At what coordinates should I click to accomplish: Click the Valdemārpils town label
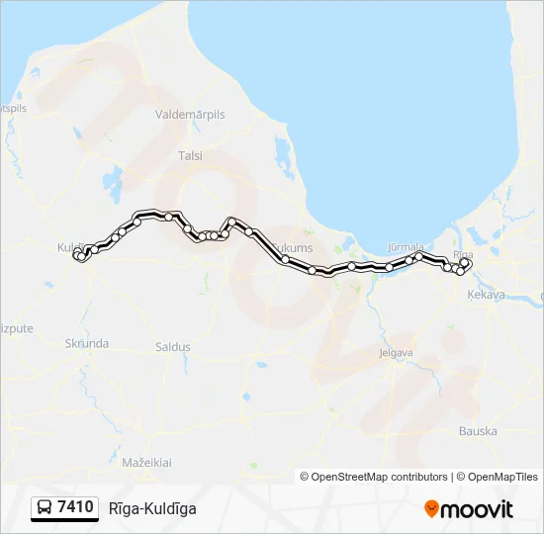point(190,115)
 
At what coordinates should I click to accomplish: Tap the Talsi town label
point(189,155)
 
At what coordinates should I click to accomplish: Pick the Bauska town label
point(478,431)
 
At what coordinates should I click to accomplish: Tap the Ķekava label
point(486,295)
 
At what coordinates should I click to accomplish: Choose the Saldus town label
point(172,347)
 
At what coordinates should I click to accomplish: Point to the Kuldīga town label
point(72,245)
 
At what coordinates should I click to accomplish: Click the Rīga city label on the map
point(463,254)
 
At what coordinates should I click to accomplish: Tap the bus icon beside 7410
point(45,508)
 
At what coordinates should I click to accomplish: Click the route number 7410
point(76,508)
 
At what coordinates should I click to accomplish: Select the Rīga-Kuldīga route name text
point(152,508)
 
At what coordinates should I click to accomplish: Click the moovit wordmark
point(479,509)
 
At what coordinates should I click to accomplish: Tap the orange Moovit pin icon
point(431,509)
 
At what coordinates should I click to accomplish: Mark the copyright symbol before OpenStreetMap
point(305,477)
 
